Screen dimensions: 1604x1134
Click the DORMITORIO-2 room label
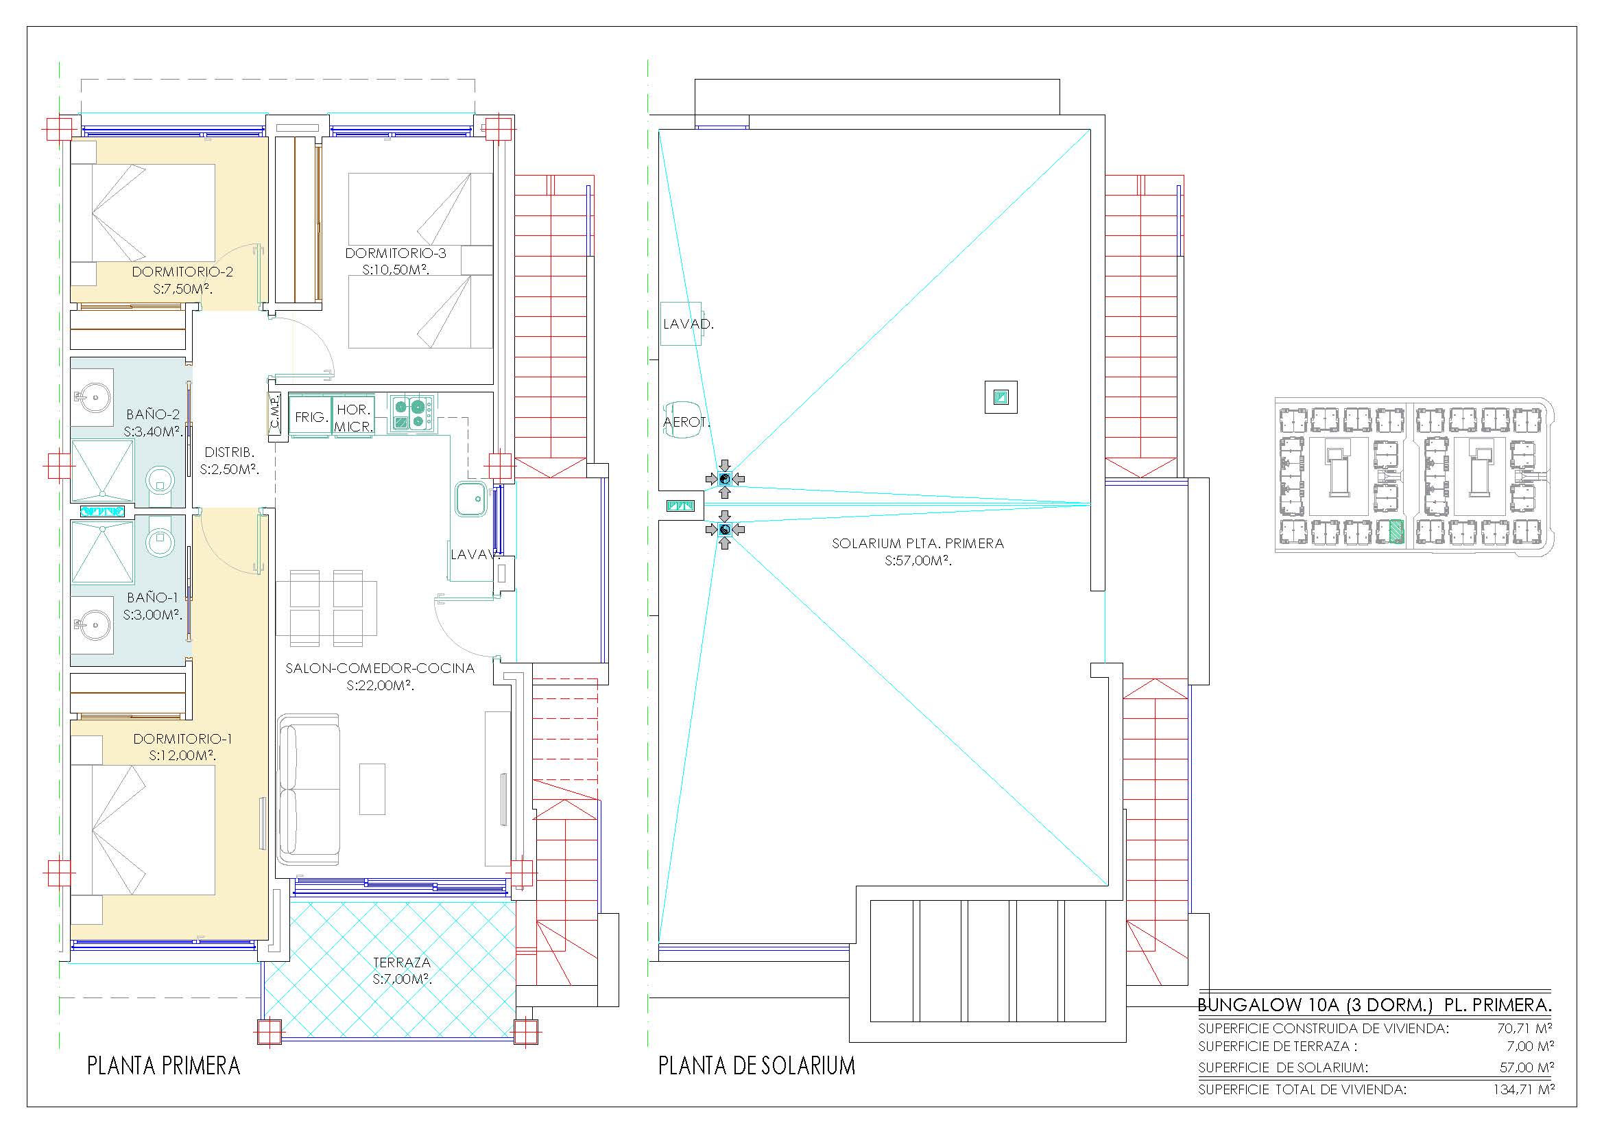coord(182,272)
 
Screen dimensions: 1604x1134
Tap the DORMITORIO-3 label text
coord(396,253)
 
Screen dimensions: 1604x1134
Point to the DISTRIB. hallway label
coord(229,452)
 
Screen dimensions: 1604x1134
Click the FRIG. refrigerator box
coord(310,417)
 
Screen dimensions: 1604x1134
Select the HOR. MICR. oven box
coord(353,417)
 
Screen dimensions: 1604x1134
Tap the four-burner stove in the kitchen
coord(411,412)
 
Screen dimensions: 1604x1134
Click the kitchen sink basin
coord(471,499)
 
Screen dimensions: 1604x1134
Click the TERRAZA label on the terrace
coord(401,962)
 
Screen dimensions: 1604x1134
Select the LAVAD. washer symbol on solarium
coord(682,324)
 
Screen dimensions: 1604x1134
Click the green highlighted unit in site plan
coord(1394,532)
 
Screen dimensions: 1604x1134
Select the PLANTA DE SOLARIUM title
coord(756,1065)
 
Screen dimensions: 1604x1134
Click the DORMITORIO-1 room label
coord(182,739)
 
